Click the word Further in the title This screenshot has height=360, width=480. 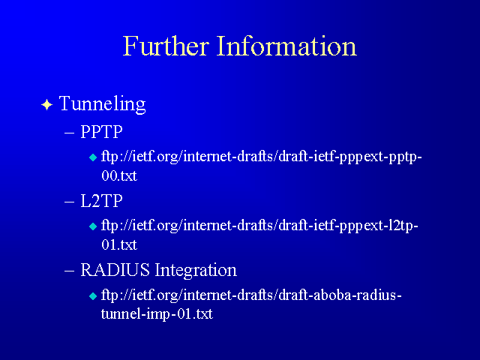166,46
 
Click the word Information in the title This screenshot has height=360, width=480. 286,46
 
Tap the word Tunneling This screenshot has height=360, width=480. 102,104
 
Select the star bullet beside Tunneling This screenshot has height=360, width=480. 46,105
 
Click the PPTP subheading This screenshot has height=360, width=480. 102,132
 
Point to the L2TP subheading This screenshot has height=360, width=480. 102,201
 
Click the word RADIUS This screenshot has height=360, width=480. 115,270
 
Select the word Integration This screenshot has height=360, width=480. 196,271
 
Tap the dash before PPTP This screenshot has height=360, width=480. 70,133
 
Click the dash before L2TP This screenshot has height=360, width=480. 70,202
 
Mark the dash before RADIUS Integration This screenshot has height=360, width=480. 70,271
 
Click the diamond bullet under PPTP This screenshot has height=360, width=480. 93,157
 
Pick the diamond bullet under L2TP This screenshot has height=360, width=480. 93,226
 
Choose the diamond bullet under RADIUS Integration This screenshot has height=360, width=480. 93,296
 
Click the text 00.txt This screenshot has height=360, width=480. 119,176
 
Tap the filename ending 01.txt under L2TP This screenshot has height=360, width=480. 119,245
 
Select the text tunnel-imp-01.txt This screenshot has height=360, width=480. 157,314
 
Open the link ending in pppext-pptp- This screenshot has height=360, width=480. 262,157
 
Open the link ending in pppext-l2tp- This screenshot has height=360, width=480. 260,226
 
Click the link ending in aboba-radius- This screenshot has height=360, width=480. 251,295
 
